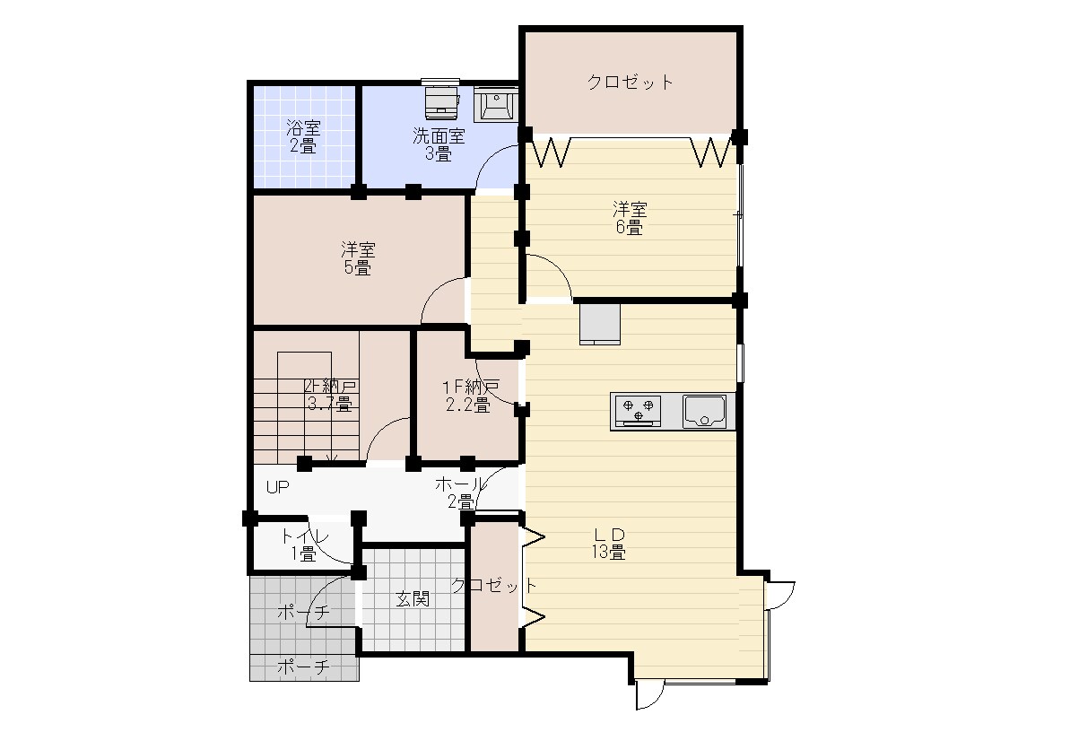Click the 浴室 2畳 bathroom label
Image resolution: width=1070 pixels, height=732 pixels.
pos(304,136)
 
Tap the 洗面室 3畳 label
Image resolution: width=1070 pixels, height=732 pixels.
pos(439,144)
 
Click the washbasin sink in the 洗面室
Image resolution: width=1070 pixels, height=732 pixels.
pos(495,104)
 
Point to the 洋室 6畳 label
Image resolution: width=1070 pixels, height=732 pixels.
pos(629,218)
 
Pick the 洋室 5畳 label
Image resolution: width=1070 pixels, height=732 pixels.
pos(358,258)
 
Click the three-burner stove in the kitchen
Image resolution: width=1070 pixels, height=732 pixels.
pos(638,411)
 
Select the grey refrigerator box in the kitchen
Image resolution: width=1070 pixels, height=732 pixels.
pos(600,325)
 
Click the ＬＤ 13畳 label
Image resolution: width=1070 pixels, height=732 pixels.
pos(609,544)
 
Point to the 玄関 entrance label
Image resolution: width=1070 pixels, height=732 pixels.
pos(413,599)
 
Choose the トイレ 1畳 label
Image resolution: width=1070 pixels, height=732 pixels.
pos(304,545)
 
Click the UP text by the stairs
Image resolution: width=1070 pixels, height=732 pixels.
pos(277,487)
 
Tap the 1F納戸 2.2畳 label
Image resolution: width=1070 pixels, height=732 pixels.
pos(469,396)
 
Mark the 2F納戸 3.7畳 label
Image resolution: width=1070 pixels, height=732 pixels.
pos(329,396)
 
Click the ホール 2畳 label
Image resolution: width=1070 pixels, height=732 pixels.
pos(460,493)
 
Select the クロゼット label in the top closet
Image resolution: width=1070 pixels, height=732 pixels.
pos(630,82)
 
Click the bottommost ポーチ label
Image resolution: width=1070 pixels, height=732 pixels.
pos(304,667)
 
